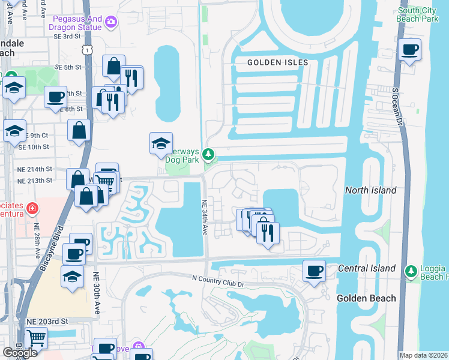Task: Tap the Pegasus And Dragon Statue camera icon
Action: (110, 23)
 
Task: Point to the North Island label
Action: (370, 190)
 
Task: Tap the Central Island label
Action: (367, 268)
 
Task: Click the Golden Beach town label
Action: (366, 298)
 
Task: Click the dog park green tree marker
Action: (208, 155)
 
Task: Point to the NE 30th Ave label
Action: (97, 293)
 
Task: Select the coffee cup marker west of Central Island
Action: (314, 271)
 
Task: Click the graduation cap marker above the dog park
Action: (160, 143)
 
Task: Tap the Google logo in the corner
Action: (20, 353)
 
